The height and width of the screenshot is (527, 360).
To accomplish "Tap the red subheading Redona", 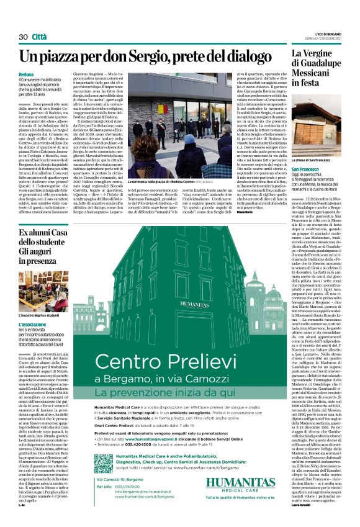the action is click(x=26, y=74).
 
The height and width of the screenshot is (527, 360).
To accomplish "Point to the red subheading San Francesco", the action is click(x=309, y=169).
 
